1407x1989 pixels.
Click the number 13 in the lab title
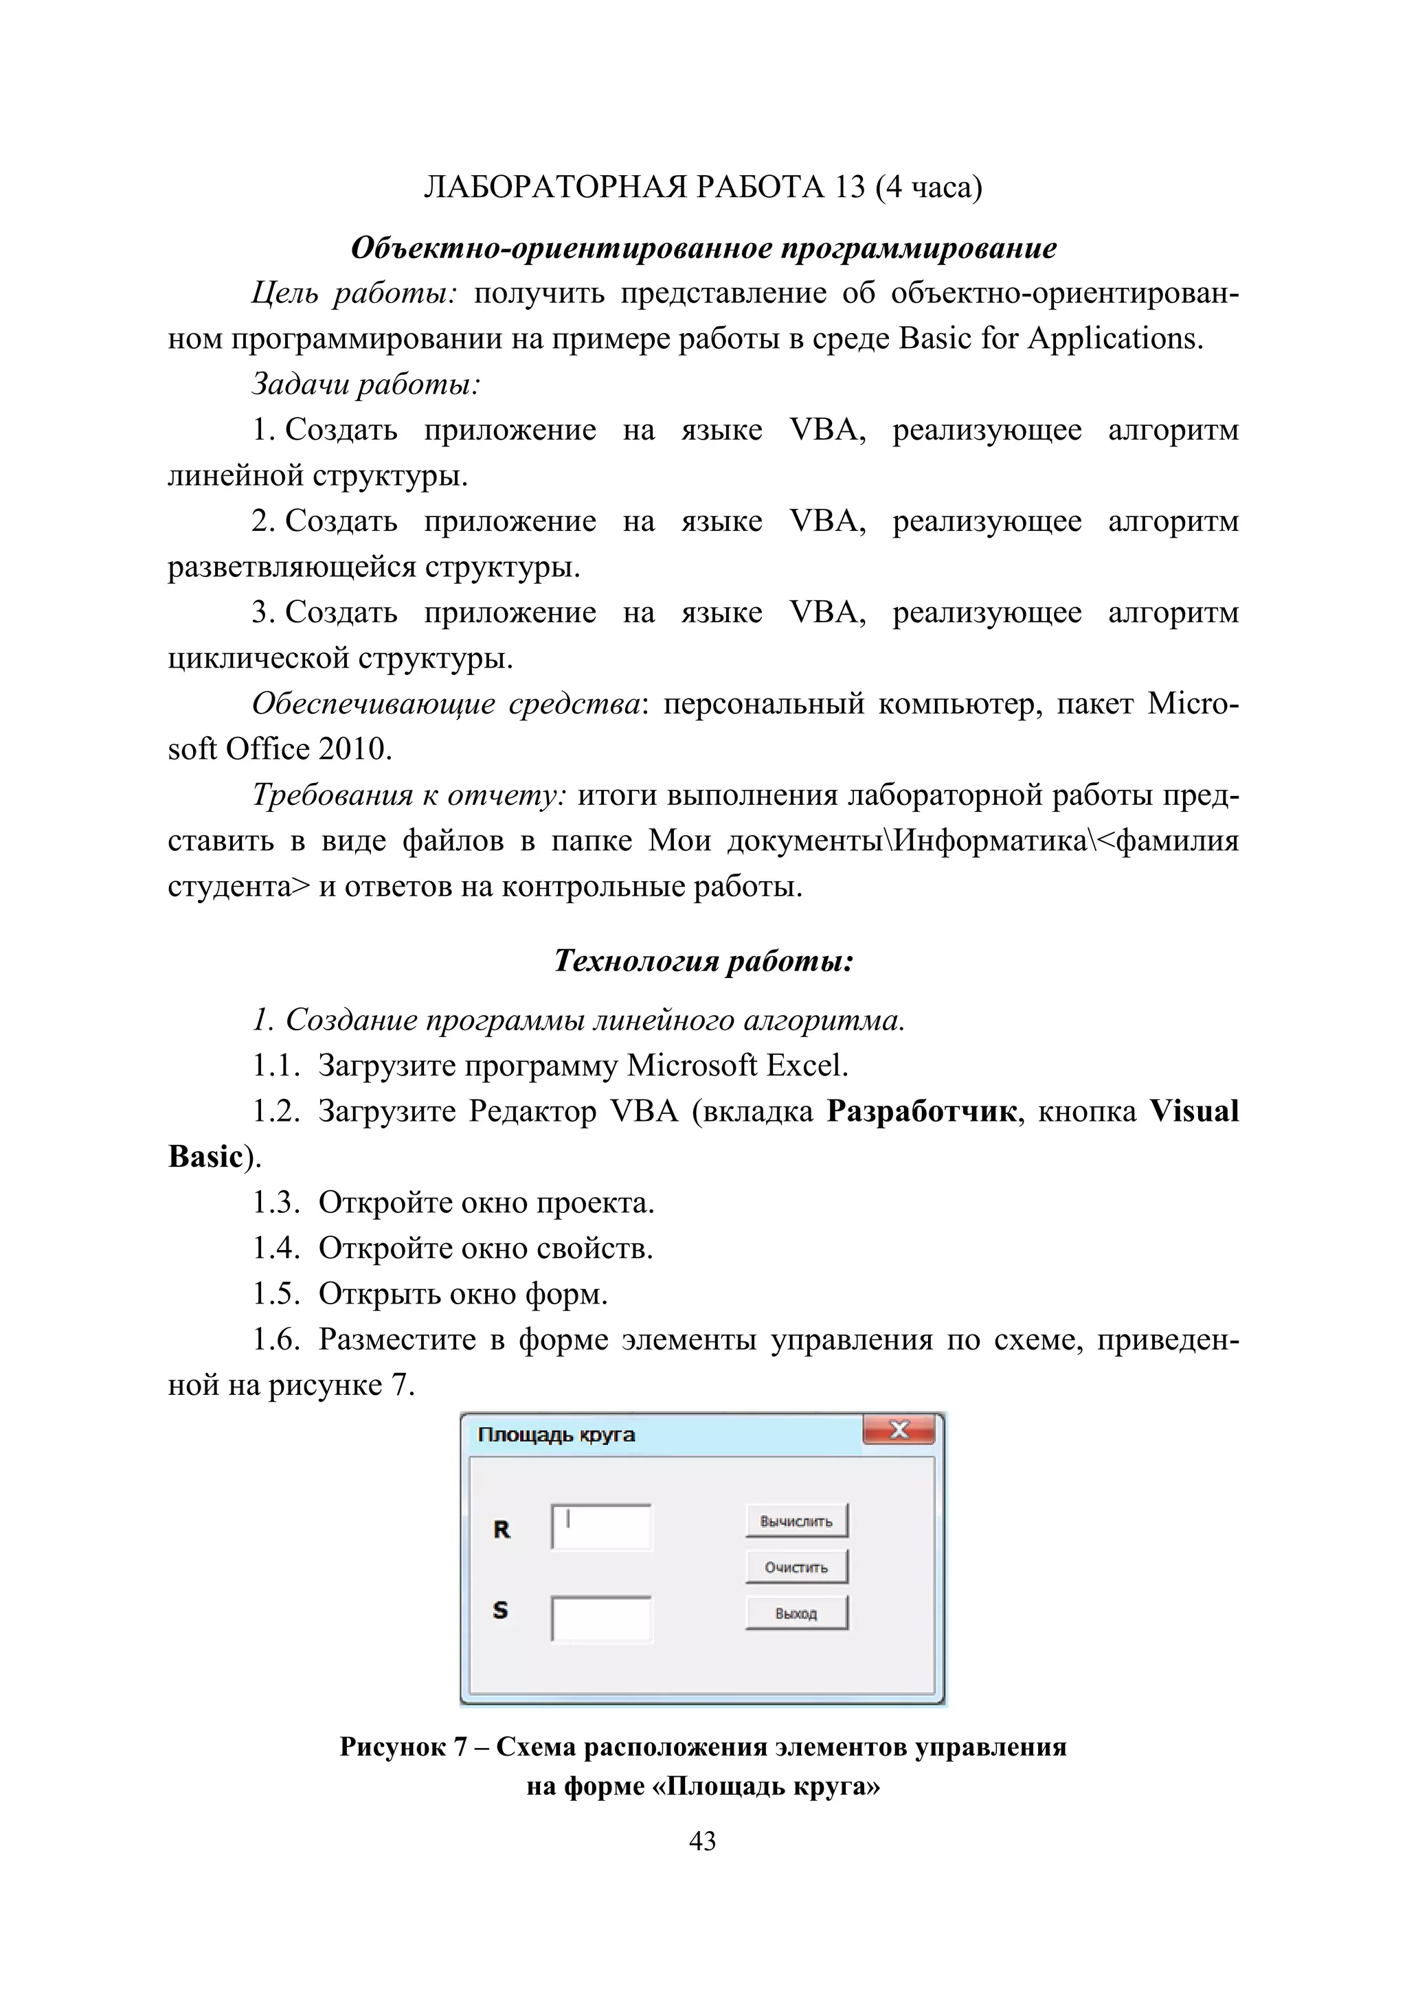[x=850, y=187]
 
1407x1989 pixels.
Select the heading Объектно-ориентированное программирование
[x=703, y=249]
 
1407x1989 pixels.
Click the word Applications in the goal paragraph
[x=1115, y=339]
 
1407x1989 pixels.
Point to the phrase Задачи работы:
[x=365, y=384]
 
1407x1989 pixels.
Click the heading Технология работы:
[x=703, y=961]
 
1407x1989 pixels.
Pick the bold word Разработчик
[x=921, y=1111]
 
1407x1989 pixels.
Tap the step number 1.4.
[x=275, y=1249]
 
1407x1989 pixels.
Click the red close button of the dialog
[x=899, y=1430]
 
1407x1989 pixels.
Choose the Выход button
[x=796, y=1613]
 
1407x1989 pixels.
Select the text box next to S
[x=601, y=1618]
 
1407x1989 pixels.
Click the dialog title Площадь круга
[x=556, y=1435]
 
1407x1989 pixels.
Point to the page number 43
[x=703, y=1841]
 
